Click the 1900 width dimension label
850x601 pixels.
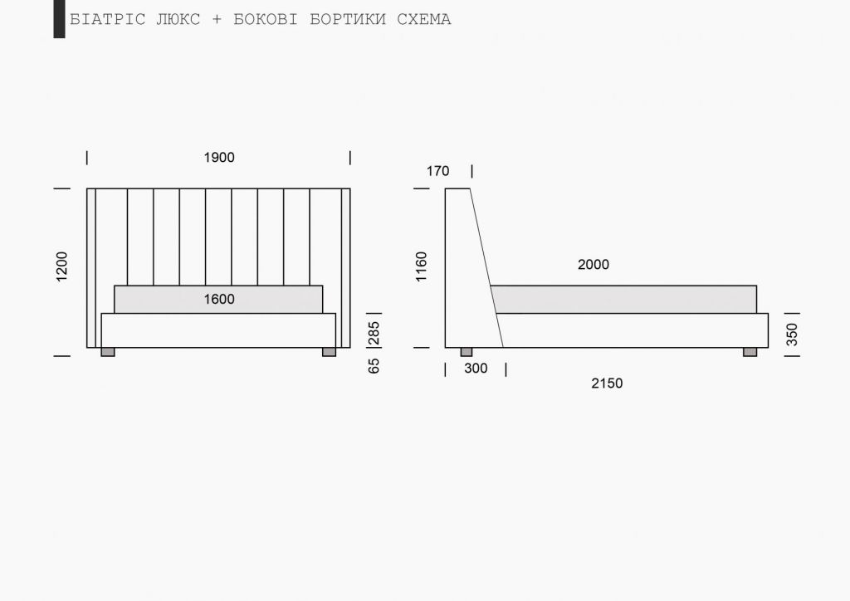pyautogui.click(x=219, y=158)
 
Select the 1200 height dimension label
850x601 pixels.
pyautogui.click(x=61, y=266)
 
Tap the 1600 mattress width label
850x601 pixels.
pyautogui.click(x=219, y=299)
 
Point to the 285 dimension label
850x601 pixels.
pyautogui.click(x=374, y=333)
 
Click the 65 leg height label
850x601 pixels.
pyautogui.click(x=374, y=366)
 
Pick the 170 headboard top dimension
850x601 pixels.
pyautogui.click(x=437, y=171)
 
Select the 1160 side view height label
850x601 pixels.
pyautogui.click(x=421, y=266)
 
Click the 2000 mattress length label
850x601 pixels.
pyautogui.click(x=593, y=265)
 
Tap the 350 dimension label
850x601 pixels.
pyautogui.click(x=792, y=335)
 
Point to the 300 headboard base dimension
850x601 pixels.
pyautogui.click(x=476, y=369)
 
